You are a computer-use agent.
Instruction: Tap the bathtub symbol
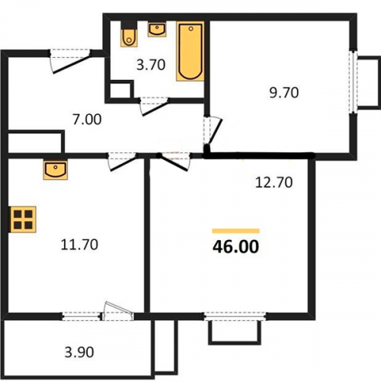(190, 51)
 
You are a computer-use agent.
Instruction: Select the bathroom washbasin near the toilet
(157, 30)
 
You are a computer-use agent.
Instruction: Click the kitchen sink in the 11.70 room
(56, 170)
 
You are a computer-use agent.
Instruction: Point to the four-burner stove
(23, 219)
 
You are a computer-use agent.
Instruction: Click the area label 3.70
(151, 65)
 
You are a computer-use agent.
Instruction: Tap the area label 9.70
(284, 92)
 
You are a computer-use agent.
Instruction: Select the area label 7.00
(87, 120)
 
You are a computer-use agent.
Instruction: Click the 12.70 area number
(274, 182)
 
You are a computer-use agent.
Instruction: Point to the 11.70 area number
(79, 245)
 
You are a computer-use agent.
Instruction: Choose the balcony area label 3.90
(79, 352)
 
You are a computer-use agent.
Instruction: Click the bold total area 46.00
(235, 247)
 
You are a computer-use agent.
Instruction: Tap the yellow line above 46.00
(235, 231)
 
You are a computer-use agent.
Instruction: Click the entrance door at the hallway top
(70, 61)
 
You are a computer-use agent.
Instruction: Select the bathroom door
(154, 106)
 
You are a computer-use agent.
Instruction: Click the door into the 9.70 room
(213, 133)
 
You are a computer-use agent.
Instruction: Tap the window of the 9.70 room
(353, 82)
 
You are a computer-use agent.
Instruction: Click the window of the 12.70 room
(235, 316)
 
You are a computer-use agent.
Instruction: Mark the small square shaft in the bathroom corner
(120, 89)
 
